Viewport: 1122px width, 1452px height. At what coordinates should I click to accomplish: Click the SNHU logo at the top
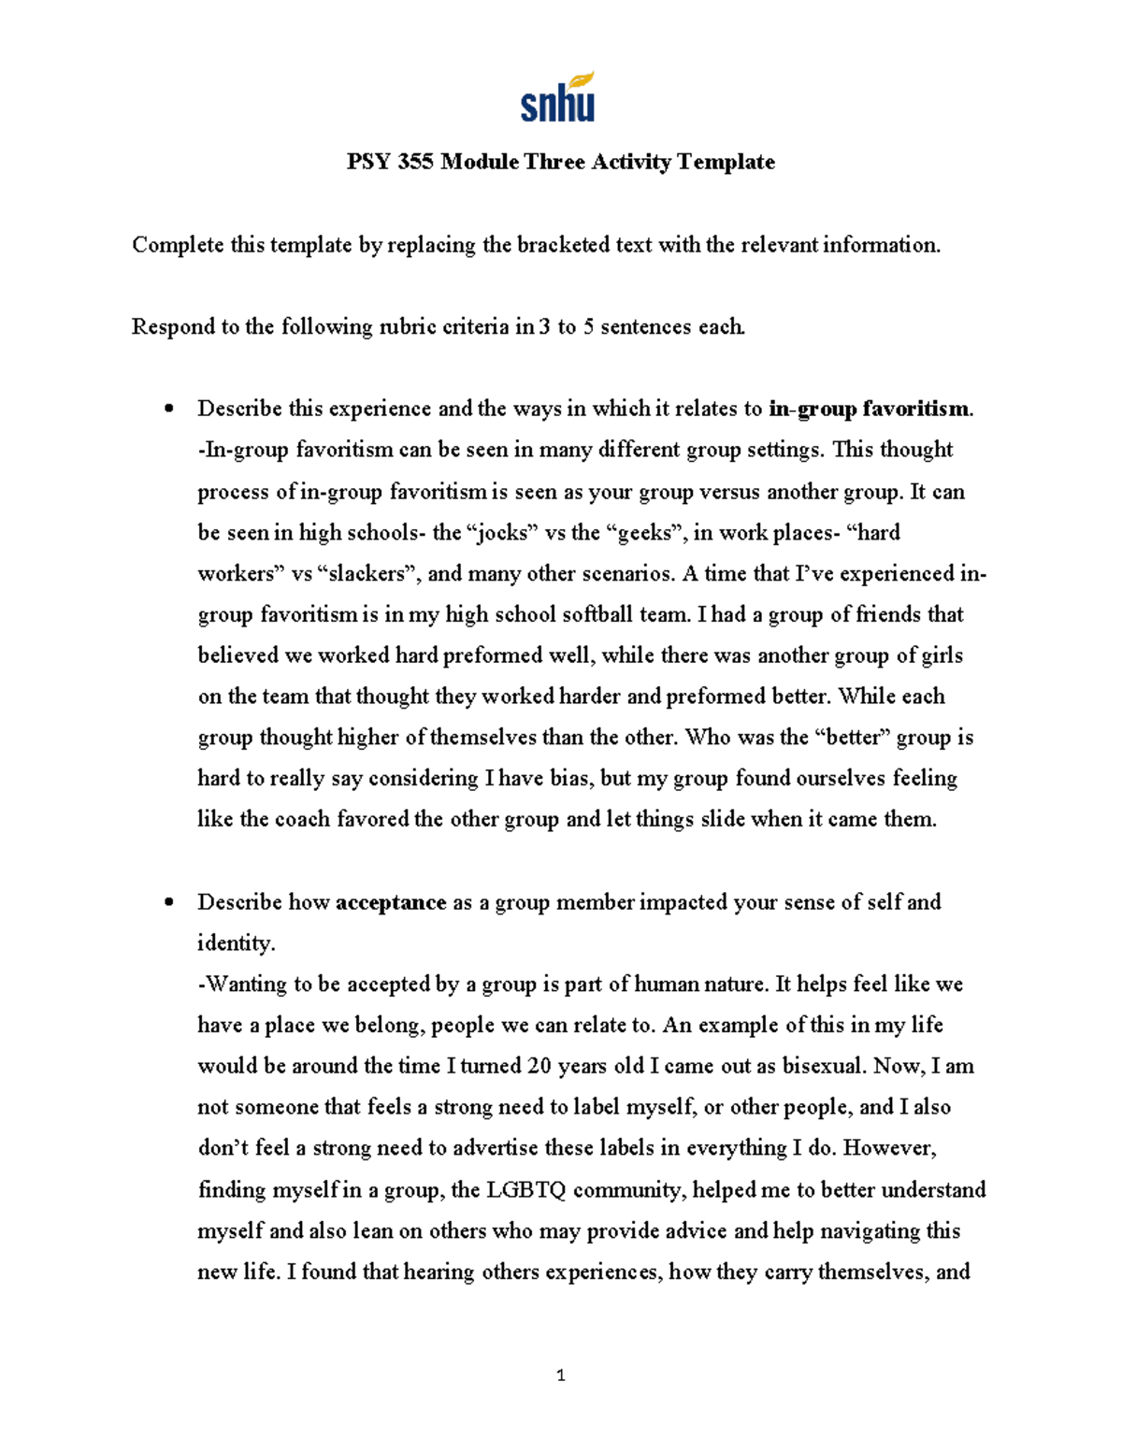tap(558, 98)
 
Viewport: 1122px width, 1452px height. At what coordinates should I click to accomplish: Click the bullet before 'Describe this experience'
tap(168, 410)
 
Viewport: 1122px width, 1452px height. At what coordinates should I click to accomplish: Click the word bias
tap(568, 779)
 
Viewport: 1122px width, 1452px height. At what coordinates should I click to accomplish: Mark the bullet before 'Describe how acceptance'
tap(168, 903)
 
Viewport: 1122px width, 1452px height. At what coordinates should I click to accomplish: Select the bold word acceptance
tap(390, 903)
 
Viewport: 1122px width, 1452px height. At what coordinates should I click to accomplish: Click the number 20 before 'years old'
tap(539, 1067)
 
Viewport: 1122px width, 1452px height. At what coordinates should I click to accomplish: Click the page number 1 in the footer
tap(560, 1375)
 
